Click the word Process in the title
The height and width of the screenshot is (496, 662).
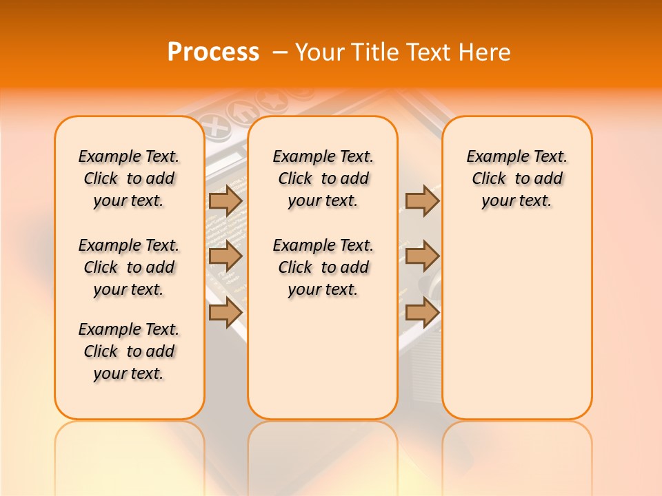[213, 52]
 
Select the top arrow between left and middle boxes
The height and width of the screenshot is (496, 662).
[225, 200]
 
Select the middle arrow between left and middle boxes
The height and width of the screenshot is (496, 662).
[225, 256]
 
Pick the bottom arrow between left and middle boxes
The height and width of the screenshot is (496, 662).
[225, 312]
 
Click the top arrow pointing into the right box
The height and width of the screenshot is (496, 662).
[422, 200]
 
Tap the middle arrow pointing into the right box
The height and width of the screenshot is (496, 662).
[422, 256]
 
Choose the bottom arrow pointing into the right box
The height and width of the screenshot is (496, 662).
[422, 312]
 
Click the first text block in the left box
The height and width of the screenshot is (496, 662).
[129, 178]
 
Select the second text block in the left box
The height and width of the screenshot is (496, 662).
[129, 267]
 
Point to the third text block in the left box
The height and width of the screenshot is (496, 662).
[129, 351]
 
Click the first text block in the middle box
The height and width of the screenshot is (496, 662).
[323, 178]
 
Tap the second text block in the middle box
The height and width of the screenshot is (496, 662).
[323, 267]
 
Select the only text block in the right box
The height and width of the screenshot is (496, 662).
[516, 178]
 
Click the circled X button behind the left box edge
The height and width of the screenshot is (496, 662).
[217, 128]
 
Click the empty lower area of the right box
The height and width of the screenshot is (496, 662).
[516, 331]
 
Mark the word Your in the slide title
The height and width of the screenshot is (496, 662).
[319, 52]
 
